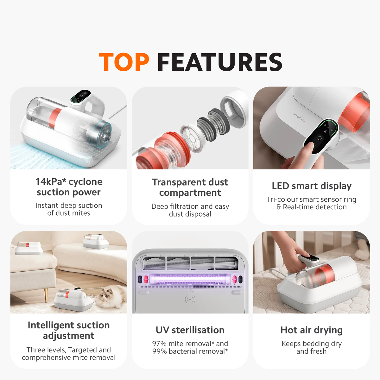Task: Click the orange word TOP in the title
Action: [124, 62]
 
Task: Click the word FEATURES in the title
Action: [219, 62]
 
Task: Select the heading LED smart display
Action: [312, 186]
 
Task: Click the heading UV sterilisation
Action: [190, 330]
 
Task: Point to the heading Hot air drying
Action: [312, 330]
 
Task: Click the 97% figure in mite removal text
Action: [159, 344]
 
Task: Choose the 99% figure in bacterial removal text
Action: [160, 351]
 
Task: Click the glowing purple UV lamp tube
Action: [190, 280]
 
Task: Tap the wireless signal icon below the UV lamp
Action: [190, 299]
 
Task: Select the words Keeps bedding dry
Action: [312, 344]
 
